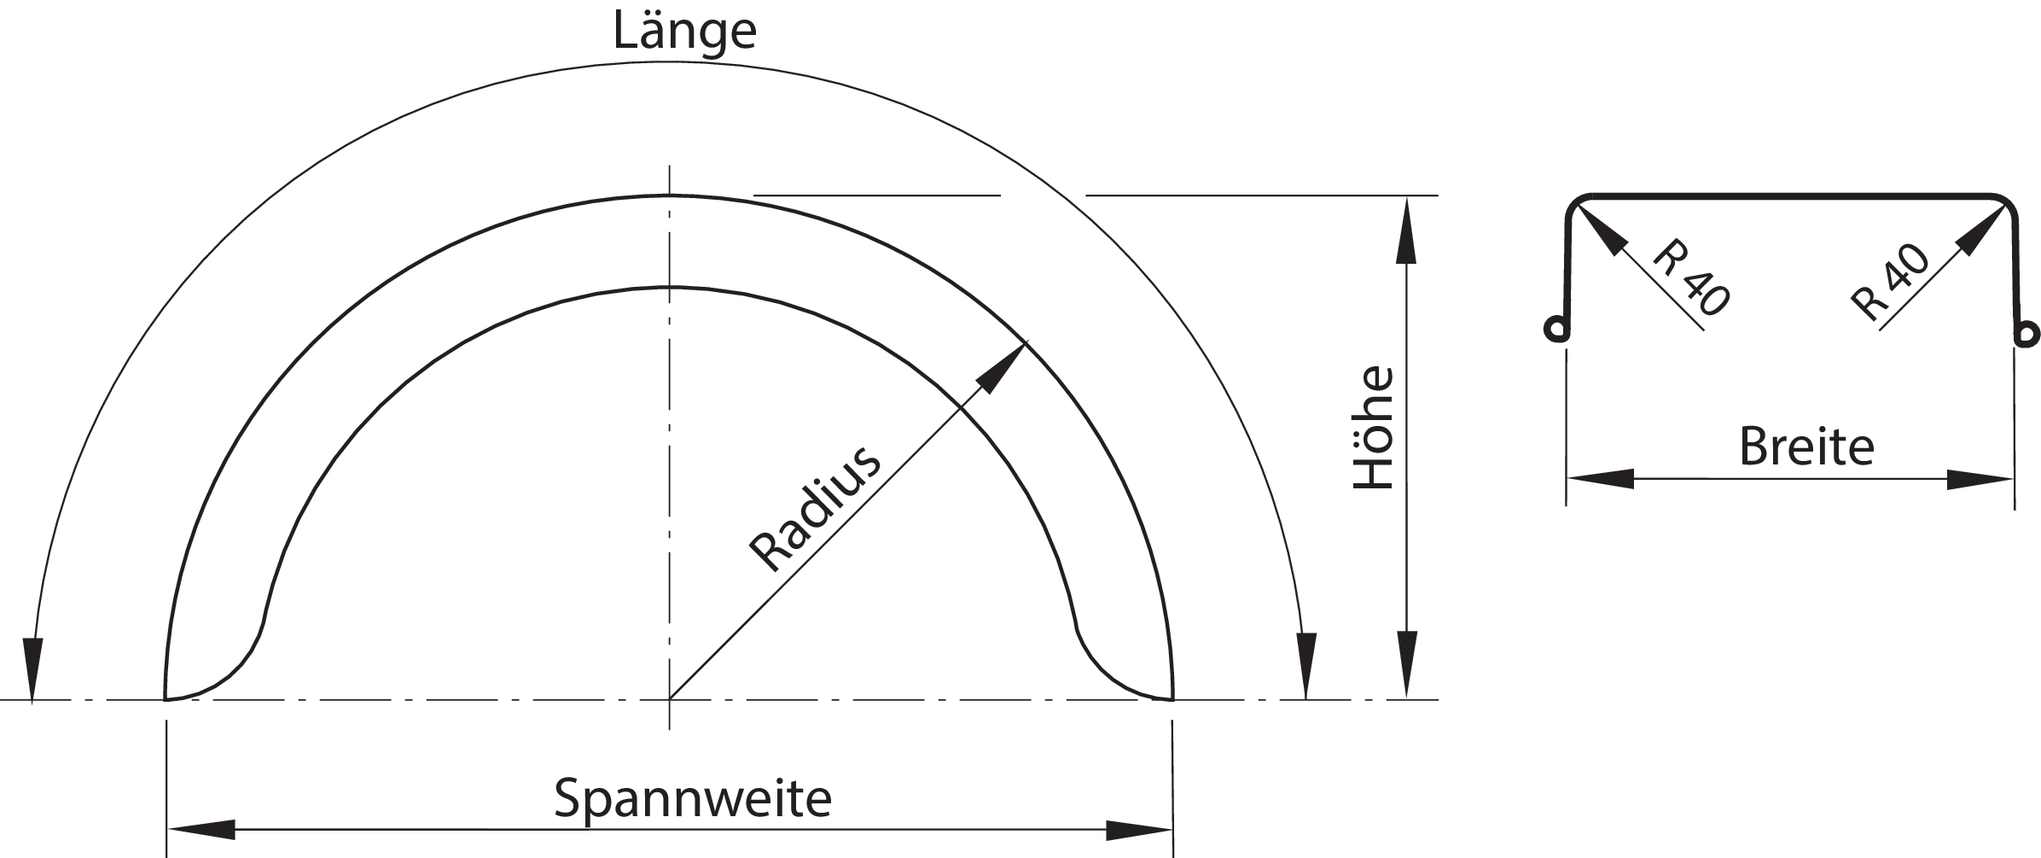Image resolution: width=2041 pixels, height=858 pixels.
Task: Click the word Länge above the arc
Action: point(684,32)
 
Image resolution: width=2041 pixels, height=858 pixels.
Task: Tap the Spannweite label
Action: point(692,798)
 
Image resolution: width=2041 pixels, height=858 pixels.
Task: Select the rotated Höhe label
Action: point(1374,428)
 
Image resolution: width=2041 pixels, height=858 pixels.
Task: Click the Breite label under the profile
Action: point(1806,447)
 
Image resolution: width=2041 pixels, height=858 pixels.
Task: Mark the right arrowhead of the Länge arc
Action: point(1305,664)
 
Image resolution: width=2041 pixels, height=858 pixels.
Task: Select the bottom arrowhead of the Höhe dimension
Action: point(1406,665)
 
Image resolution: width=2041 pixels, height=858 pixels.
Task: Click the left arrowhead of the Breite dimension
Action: point(1601,479)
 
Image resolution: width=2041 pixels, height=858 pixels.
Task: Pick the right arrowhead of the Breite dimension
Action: point(1980,479)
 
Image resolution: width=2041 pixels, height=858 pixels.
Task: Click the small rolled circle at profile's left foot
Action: point(1555,330)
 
